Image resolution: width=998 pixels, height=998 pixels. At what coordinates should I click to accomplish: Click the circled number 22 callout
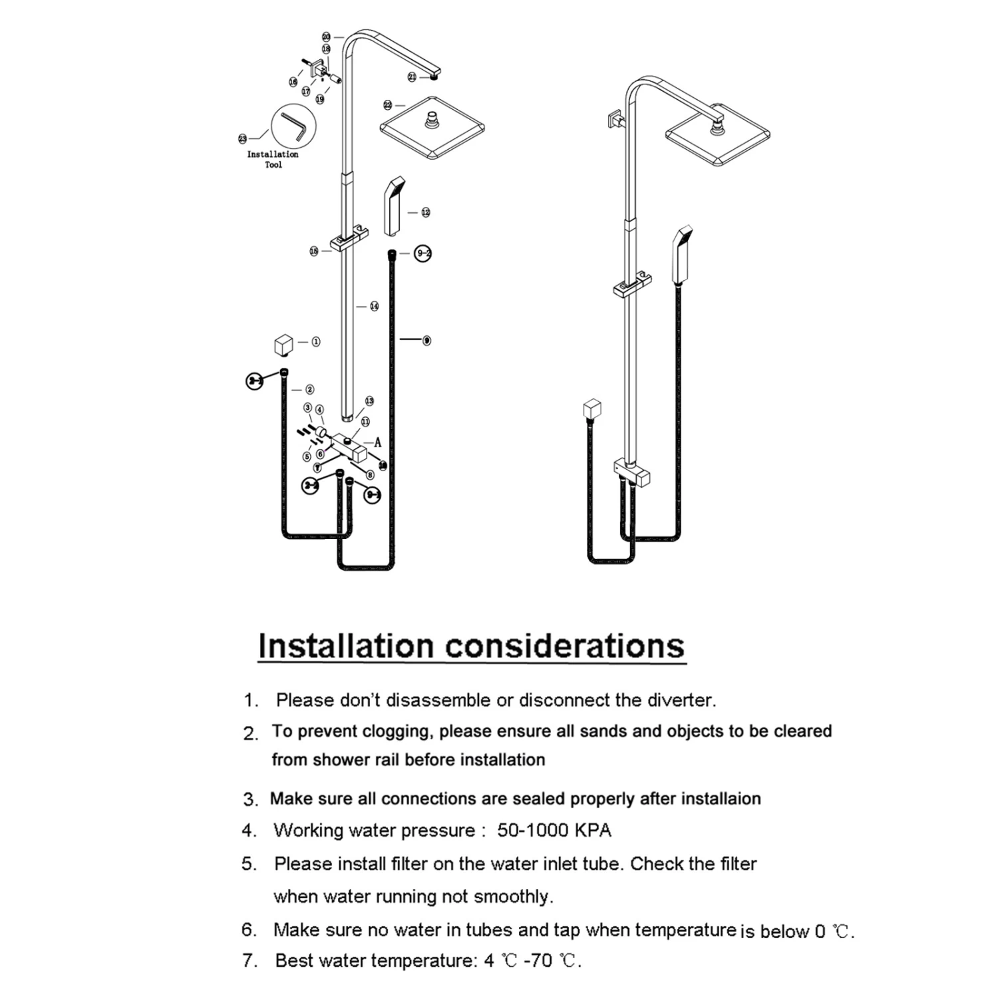[x=388, y=105]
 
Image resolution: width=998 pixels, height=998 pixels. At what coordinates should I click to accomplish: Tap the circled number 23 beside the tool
[x=242, y=138]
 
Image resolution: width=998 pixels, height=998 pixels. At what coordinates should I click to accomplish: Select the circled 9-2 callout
[x=423, y=253]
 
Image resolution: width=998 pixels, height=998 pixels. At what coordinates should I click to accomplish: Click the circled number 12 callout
[x=426, y=212]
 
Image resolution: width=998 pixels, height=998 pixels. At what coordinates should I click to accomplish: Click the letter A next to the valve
[x=378, y=442]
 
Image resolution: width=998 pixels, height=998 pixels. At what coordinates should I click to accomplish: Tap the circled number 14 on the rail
[x=374, y=306]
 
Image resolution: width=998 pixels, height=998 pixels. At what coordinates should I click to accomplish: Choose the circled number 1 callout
[x=315, y=341]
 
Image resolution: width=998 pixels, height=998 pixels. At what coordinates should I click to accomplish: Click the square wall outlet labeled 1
[x=283, y=345]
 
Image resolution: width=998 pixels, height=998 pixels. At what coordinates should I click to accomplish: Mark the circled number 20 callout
[x=326, y=37]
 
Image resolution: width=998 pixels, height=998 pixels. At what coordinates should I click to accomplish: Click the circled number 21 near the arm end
[x=412, y=77]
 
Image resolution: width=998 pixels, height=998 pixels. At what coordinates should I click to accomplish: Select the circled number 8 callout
[x=370, y=475]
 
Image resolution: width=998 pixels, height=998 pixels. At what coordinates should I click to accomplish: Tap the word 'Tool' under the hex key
[x=273, y=165]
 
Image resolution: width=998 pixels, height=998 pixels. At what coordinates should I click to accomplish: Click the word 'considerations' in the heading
[x=564, y=646]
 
